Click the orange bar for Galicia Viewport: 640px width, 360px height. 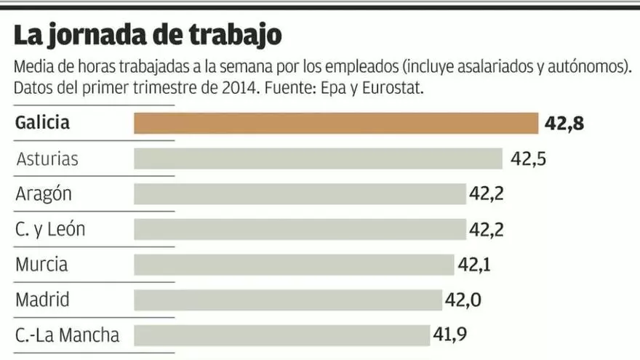click(x=335, y=123)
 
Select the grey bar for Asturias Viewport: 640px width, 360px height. click(x=318, y=159)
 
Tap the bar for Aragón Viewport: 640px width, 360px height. click(x=300, y=194)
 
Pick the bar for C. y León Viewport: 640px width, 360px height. click(x=300, y=230)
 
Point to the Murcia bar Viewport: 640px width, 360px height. click(x=293, y=264)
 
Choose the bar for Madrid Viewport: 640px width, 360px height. click(x=288, y=300)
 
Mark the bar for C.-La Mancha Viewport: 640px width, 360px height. click(x=281, y=335)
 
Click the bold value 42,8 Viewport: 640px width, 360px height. click(x=564, y=124)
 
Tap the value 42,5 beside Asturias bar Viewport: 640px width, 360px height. click(x=528, y=159)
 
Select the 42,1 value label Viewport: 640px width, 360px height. click(x=473, y=265)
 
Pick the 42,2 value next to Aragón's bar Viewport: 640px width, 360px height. click(x=487, y=194)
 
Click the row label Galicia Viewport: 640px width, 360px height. click(x=43, y=123)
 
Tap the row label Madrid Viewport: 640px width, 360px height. click(x=42, y=300)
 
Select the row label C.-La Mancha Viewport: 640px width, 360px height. click(x=67, y=335)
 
